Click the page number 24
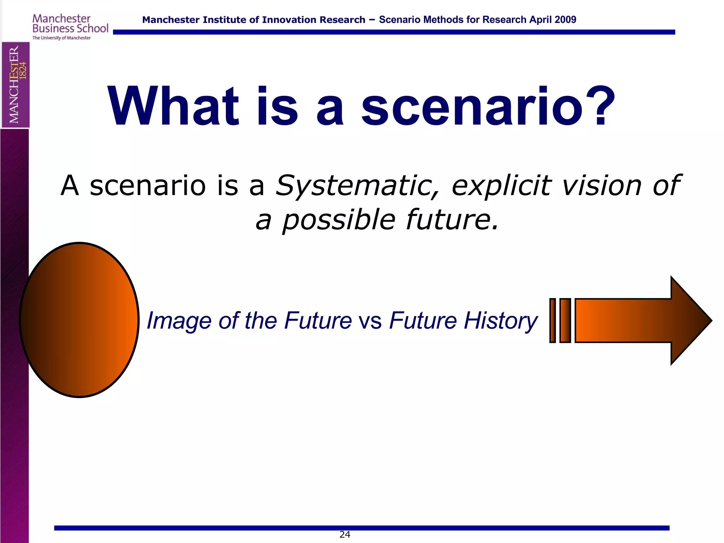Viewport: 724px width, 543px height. click(x=345, y=535)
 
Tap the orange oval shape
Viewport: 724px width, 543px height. click(x=79, y=320)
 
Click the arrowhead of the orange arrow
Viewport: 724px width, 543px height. click(x=689, y=320)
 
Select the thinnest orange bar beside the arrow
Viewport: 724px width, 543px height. click(x=553, y=321)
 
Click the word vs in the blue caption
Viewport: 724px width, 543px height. click(x=370, y=321)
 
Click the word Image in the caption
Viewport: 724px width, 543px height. click(x=179, y=321)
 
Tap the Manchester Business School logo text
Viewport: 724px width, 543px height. click(x=70, y=24)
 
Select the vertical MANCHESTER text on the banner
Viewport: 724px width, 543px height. click(x=14, y=85)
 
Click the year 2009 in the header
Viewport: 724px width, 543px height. click(x=566, y=20)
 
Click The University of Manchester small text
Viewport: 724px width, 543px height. click(x=62, y=38)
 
